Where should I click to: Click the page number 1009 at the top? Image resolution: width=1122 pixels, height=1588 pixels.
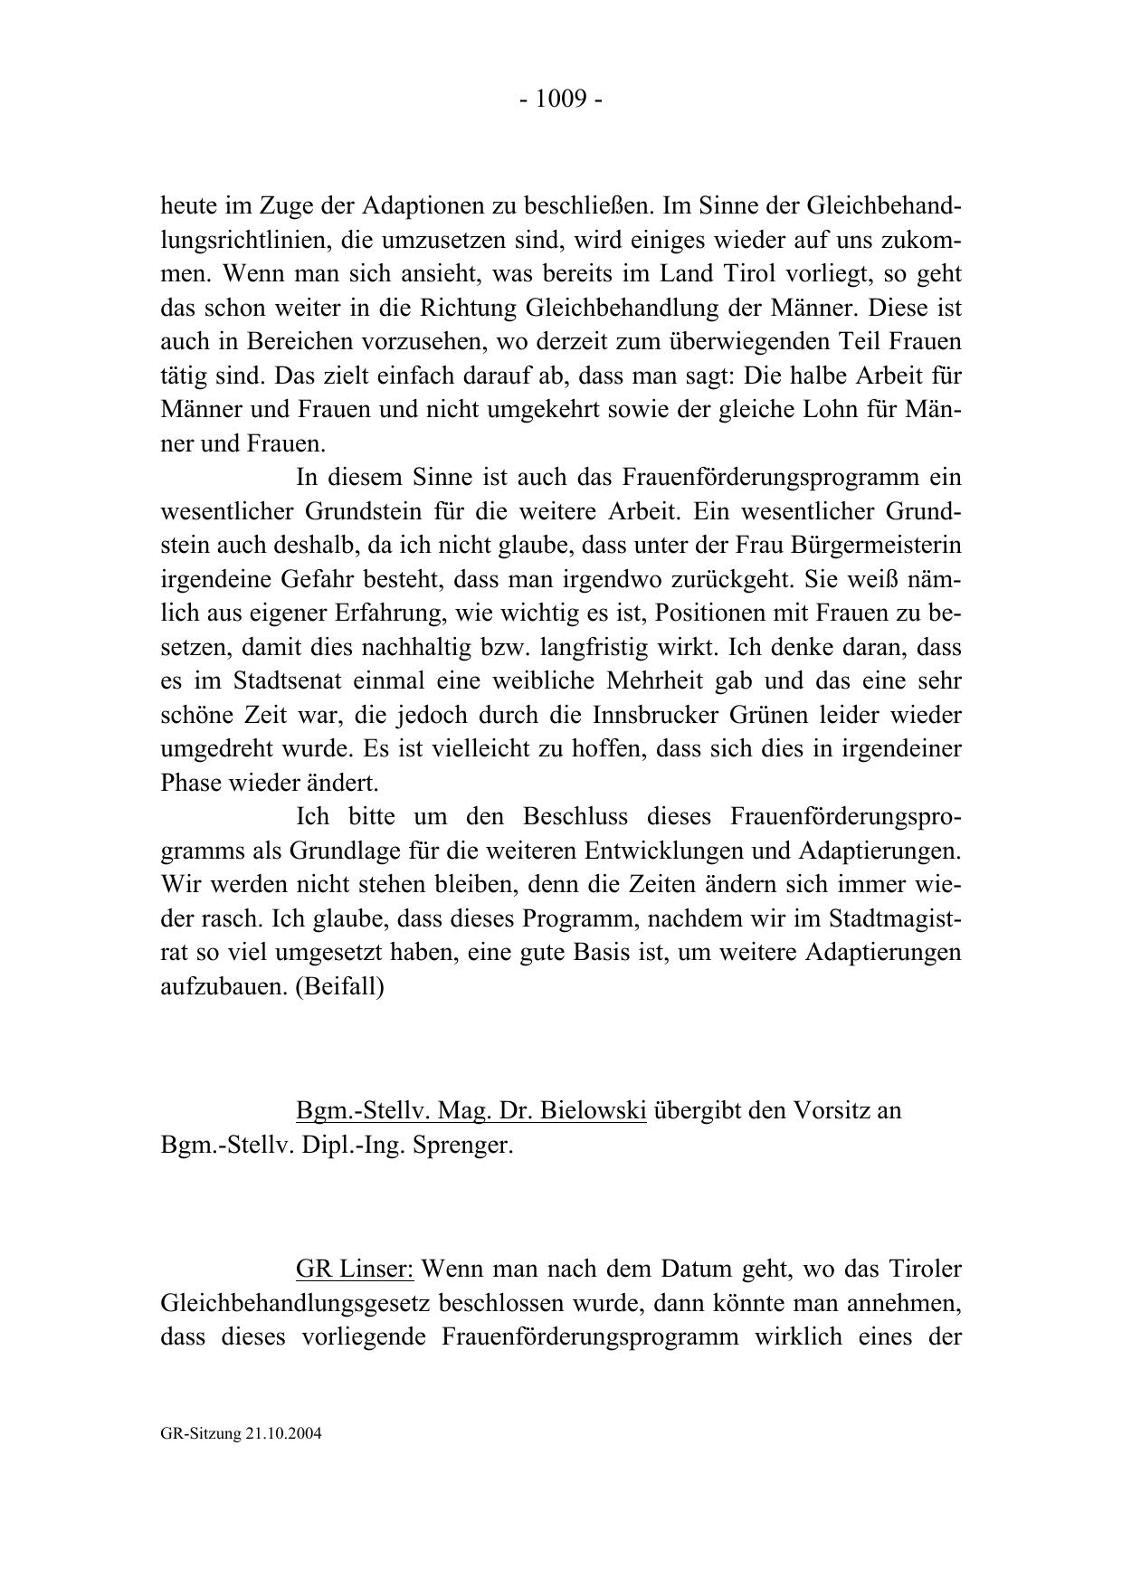click(x=561, y=99)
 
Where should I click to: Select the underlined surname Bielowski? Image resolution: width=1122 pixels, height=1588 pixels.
click(x=593, y=1110)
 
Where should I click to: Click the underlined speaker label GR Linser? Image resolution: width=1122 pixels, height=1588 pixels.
click(x=355, y=1269)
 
